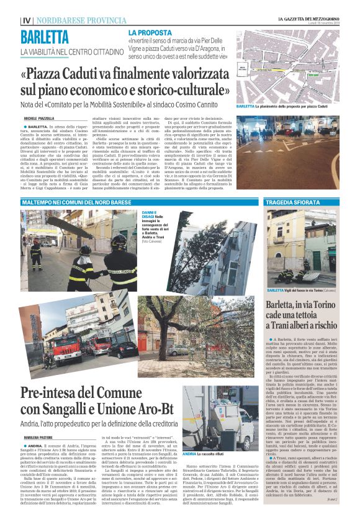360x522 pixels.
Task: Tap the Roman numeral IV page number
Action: tap(27, 20)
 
